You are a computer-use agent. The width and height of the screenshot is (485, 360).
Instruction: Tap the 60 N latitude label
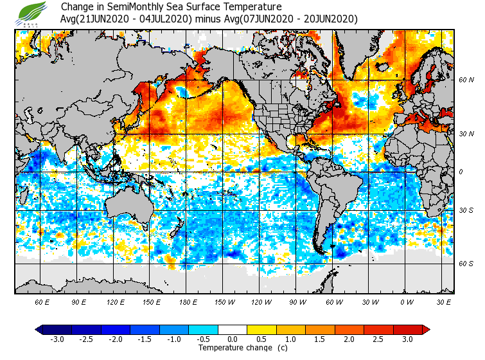click(466, 80)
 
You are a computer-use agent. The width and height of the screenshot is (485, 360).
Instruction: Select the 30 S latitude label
click(466, 211)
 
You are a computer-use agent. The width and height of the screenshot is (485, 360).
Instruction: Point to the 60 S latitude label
click(466, 264)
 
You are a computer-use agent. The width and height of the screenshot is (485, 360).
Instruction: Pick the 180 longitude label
click(188, 301)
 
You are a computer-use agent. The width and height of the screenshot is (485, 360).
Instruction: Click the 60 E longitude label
click(43, 301)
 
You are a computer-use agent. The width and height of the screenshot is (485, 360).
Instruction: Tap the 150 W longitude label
click(225, 301)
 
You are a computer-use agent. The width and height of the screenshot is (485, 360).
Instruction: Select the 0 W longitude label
click(407, 301)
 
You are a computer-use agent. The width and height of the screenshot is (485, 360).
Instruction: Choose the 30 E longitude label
click(444, 301)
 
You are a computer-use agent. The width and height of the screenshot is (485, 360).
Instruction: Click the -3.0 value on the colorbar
click(57, 339)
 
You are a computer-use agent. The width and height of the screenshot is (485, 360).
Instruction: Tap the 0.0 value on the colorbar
click(233, 339)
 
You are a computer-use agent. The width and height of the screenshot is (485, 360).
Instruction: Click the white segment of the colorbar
click(233, 330)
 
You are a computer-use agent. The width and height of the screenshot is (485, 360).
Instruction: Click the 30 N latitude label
click(466, 134)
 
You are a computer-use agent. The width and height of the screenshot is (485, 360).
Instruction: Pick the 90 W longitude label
click(297, 301)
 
